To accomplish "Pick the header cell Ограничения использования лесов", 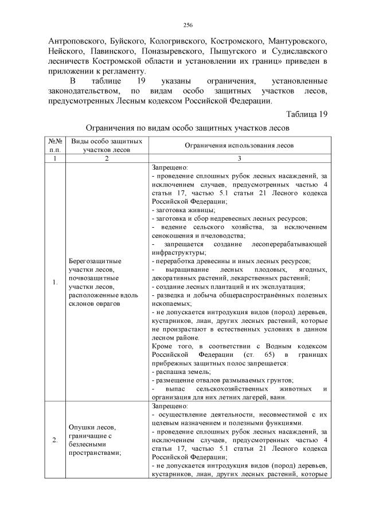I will click(x=239, y=146).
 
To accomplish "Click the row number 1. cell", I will click(x=54, y=283).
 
